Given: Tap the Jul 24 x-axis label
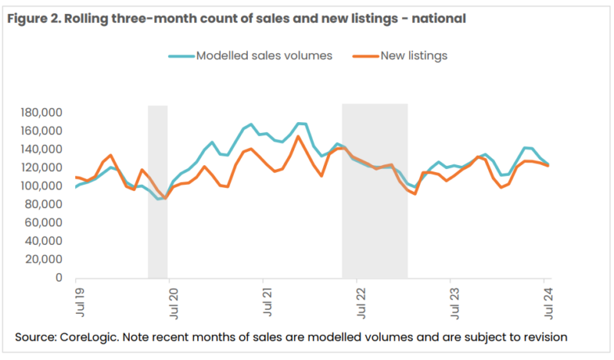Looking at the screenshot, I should tap(547, 301).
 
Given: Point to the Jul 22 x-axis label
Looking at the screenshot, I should tap(359, 301).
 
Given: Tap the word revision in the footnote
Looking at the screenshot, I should tap(543, 337).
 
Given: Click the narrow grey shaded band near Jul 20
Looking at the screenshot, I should tap(157, 192).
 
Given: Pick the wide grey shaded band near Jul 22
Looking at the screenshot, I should tap(375, 192).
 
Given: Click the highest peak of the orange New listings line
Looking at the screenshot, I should tap(298, 137).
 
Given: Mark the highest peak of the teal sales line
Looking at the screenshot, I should tap(301, 123).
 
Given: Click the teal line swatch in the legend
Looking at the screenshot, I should tap(181, 55).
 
